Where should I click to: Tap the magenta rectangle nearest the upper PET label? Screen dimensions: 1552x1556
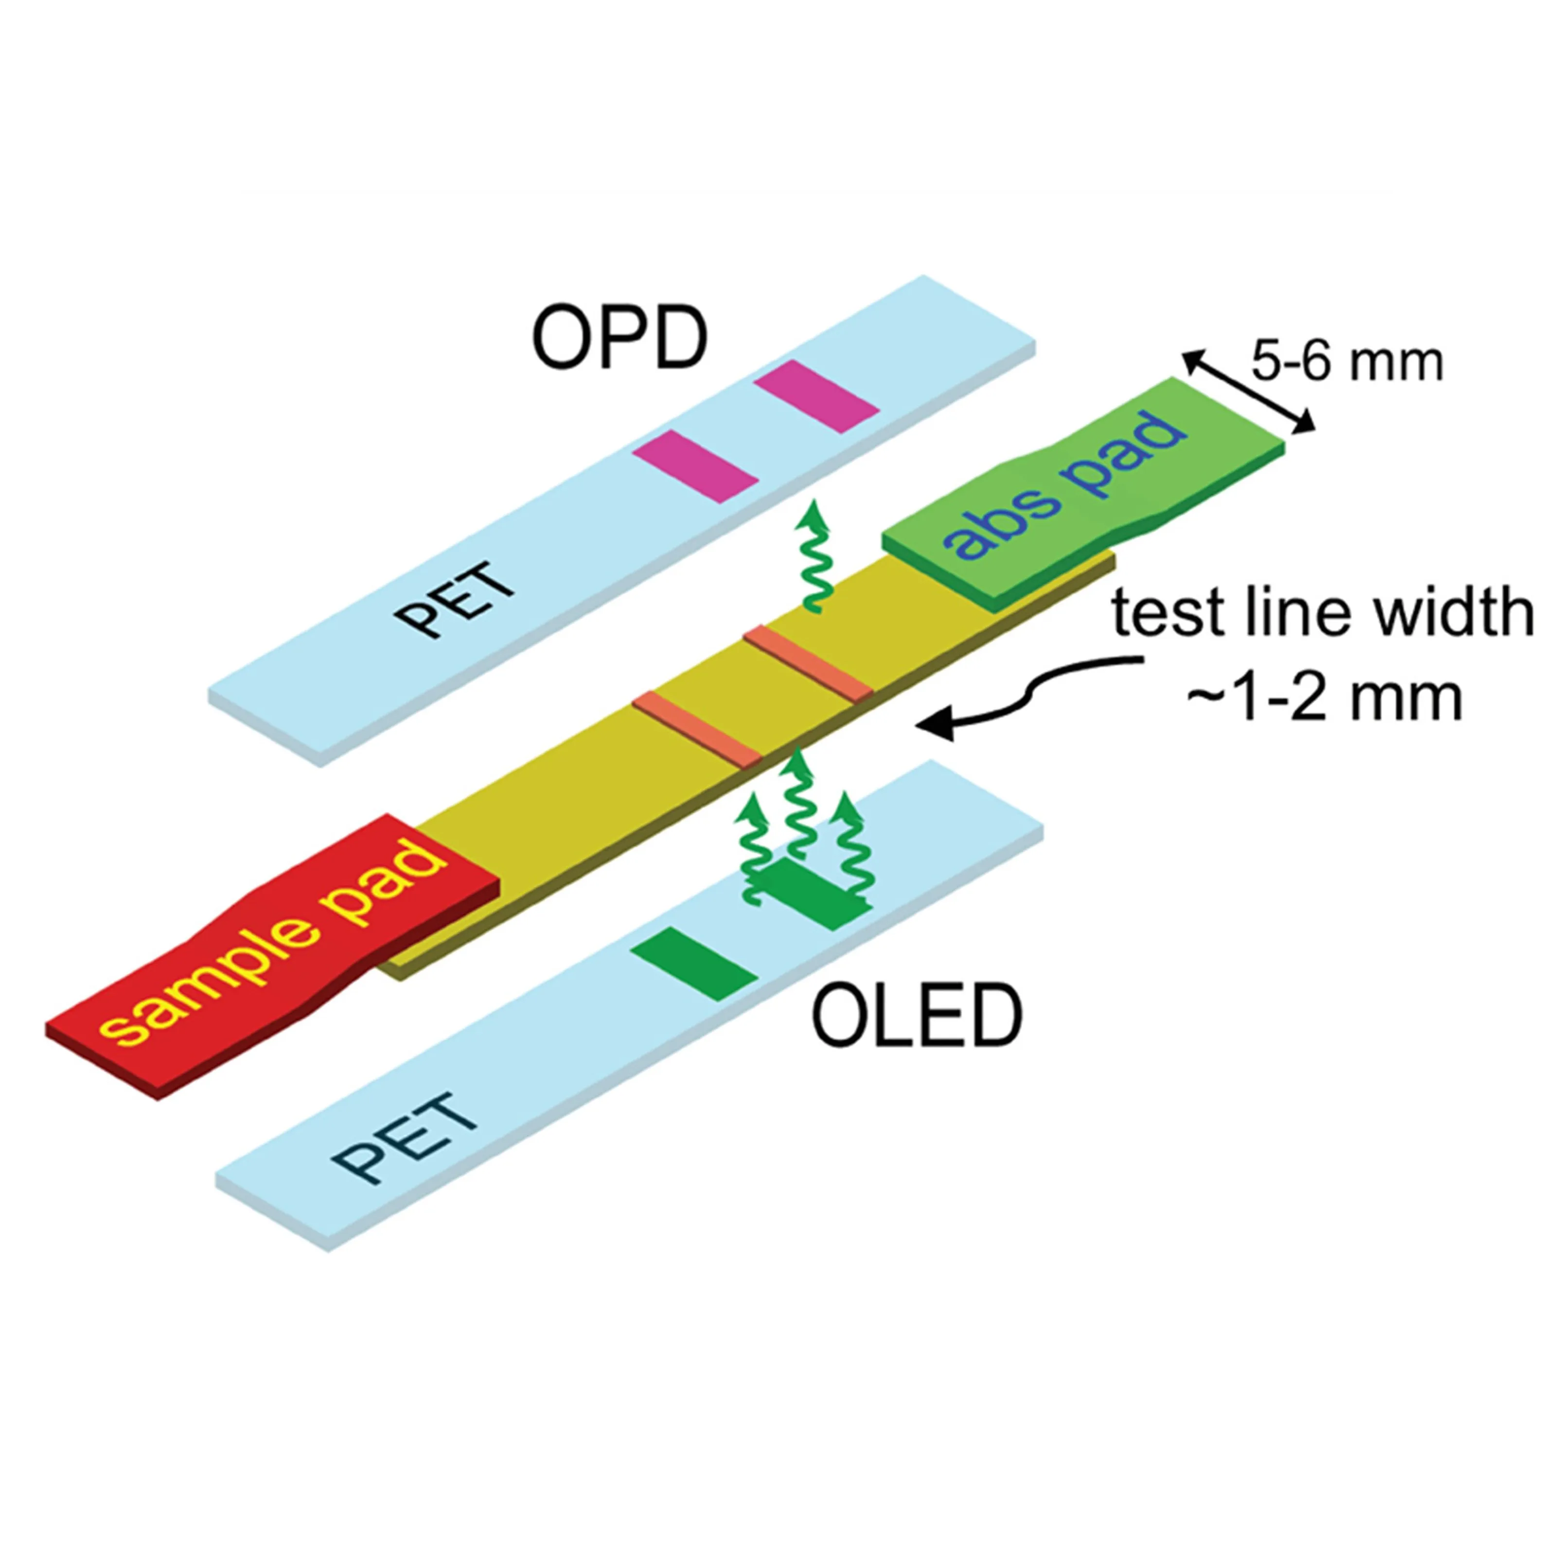695,466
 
